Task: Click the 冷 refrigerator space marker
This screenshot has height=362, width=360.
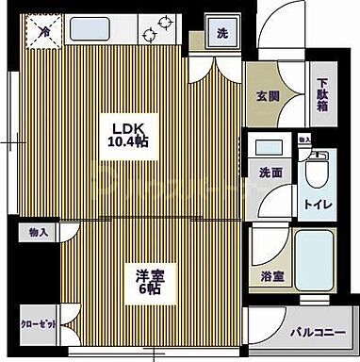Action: pyautogui.click(x=44, y=32)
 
